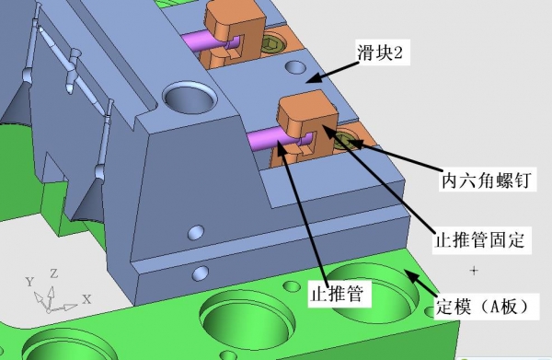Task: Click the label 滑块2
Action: (380, 52)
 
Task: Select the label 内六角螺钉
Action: (487, 180)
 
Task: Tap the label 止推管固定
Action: (480, 240)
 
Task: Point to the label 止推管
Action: (337, 293)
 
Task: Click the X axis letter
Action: (86, 299)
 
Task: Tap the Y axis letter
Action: (30, 282)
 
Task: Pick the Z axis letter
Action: (54, 273)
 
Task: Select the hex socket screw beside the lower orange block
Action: (346, 140)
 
